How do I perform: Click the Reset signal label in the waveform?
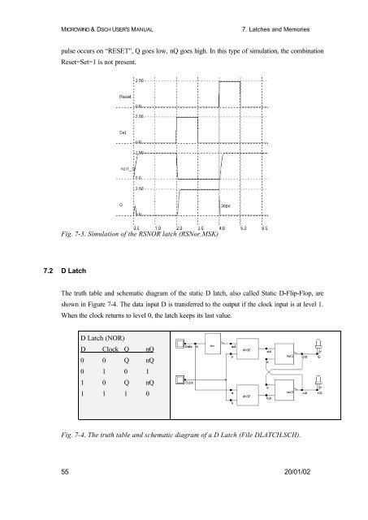pos(119,94)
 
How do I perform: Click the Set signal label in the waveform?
pos(115,130)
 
